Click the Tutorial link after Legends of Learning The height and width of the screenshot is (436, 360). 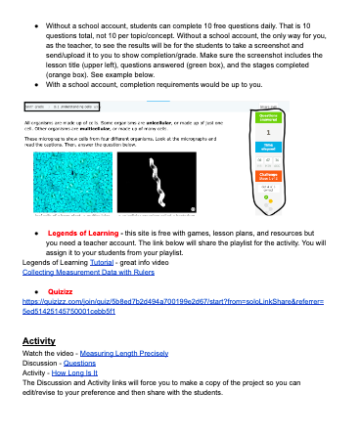(x=100, y=263)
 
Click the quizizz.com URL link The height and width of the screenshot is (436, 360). (x=166, y=305)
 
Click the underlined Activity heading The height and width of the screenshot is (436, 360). (x=38, y=340)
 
